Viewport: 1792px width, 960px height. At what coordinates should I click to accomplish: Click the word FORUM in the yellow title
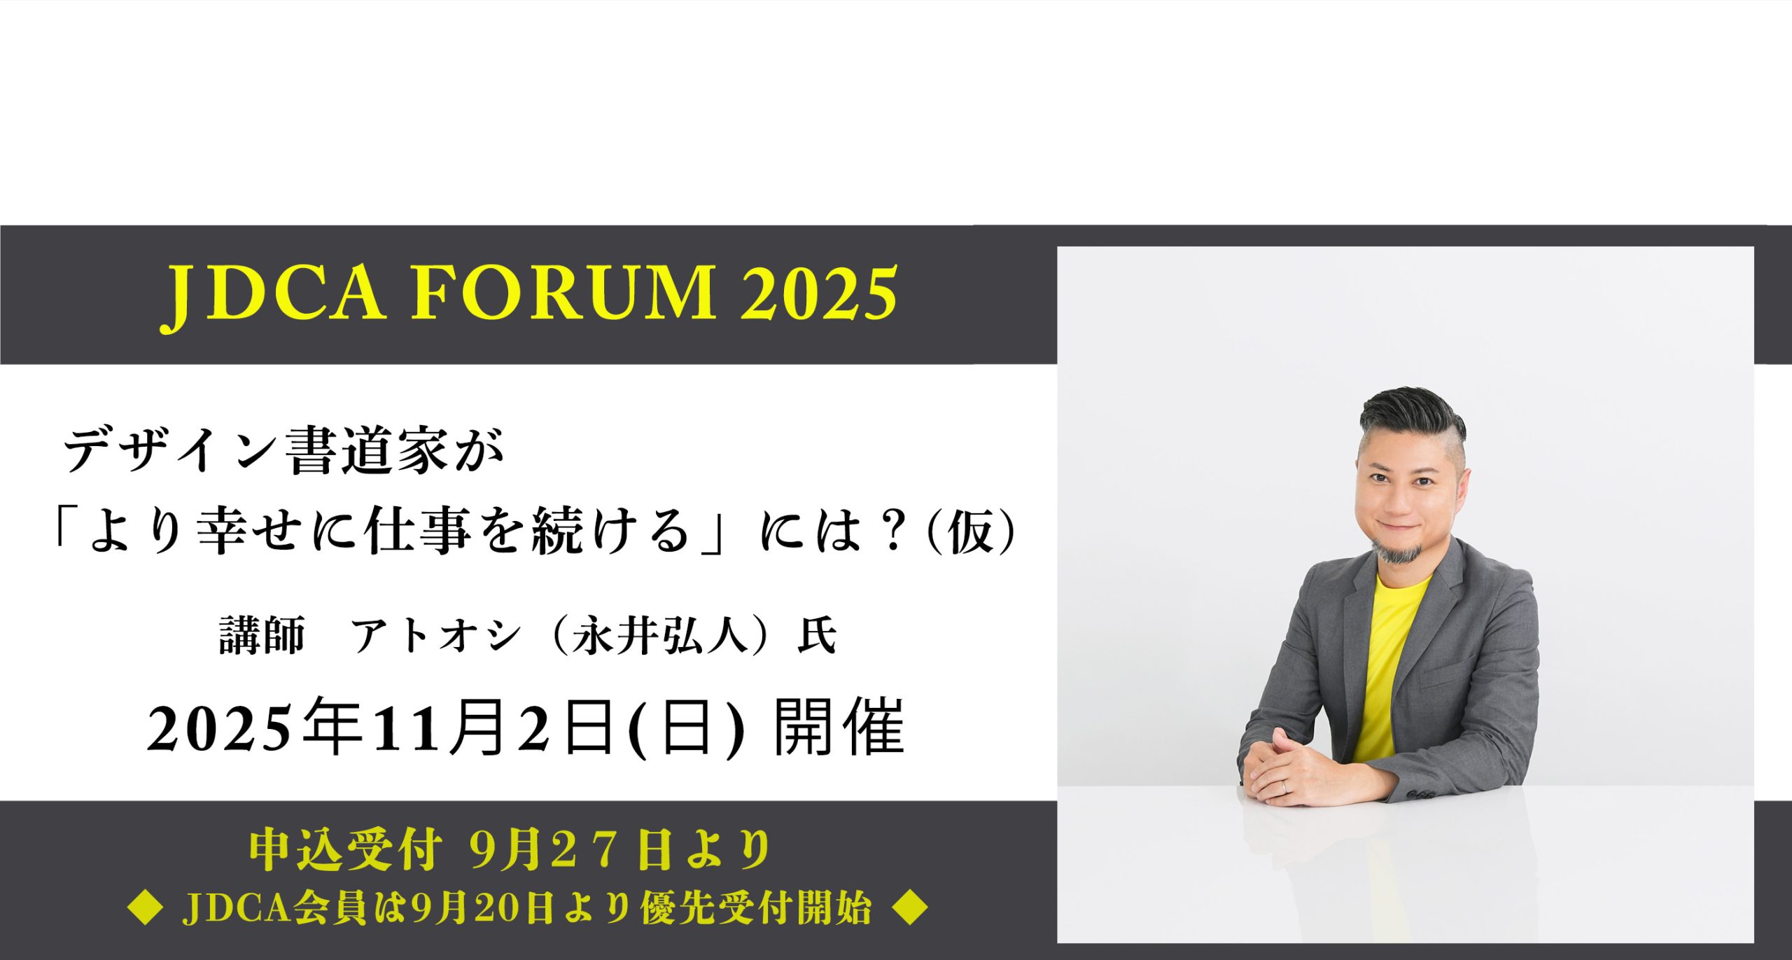point(563,293)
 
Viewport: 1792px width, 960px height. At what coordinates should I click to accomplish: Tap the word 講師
point(262,636)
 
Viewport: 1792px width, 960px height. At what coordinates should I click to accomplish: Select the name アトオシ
point(436,636)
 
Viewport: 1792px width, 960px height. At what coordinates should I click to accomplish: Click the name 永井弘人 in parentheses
point(661,636)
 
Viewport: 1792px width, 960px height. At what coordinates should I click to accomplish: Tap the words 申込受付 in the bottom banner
point(346,850)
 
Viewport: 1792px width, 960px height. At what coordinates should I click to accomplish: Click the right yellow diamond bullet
point(911,908)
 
